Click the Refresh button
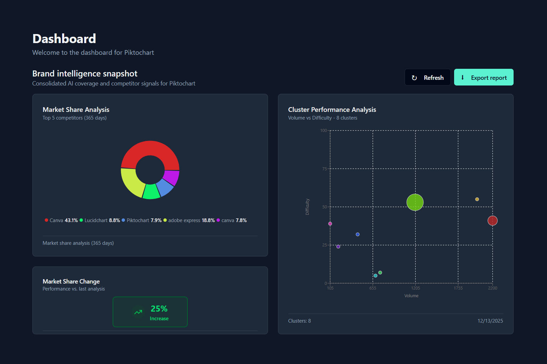tap(427, 77)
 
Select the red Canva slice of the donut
tap(150, 148)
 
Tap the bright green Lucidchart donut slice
tap(151, 192)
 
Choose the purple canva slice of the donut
tap(172, 177)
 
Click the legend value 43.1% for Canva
tap(71, 220)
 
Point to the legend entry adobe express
tap(184, 220)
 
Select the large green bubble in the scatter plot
tap(415, 202)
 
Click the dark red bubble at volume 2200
tap(493, 221)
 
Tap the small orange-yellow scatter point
tap(477, 199)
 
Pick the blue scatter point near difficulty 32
tap(358, 234)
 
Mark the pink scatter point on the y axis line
tap(330, 224)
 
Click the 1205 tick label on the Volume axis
tap(415, 288)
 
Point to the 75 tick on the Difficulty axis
tap(324, 169)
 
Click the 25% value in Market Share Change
tap(159, 309)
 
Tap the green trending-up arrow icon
tap(138, 312)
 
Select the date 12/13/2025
tap(490, 321)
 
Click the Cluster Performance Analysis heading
tap(332, 110)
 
